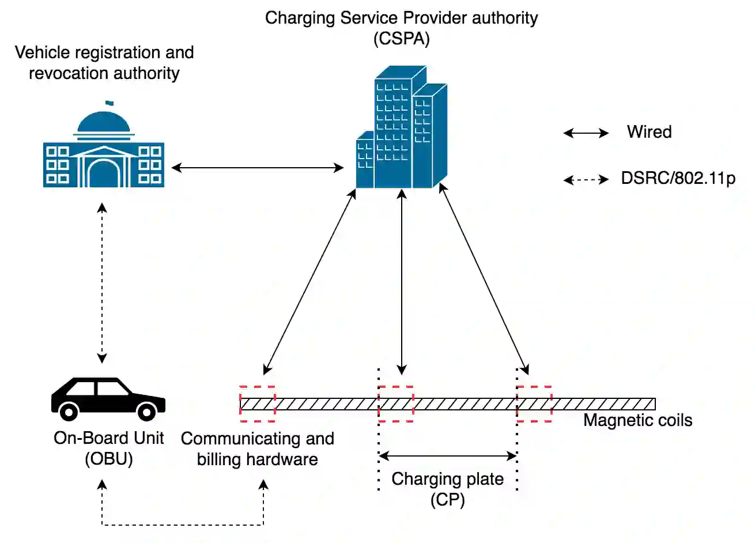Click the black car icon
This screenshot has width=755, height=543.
click(x=108, y=398)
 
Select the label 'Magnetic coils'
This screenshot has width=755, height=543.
click(x=637, y=420)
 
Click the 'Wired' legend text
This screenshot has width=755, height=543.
click(x=649, y=132)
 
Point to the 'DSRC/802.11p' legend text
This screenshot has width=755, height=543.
click(x=678, y=178)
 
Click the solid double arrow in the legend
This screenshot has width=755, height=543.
click(x=586, y=133)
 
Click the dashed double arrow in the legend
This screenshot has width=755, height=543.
click(x=586, y=180)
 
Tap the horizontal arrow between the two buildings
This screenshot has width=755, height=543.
click(x=258, y=168)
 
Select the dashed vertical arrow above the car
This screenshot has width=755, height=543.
click(x=102, y=282)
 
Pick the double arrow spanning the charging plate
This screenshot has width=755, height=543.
click(x=448, y=456)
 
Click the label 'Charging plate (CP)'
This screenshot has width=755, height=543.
click(x=448, y=489)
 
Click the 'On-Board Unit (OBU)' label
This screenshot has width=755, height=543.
click(x=108, y=448)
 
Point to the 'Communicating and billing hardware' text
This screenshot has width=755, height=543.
click(x=257, y=448)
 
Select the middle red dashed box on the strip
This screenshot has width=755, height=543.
click(x=396, y=404)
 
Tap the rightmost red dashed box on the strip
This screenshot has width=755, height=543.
click(x=534, y=404)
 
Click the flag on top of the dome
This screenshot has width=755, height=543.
click(x=109, y=104)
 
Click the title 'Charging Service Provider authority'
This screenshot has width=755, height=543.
click(x=401, y=18)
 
